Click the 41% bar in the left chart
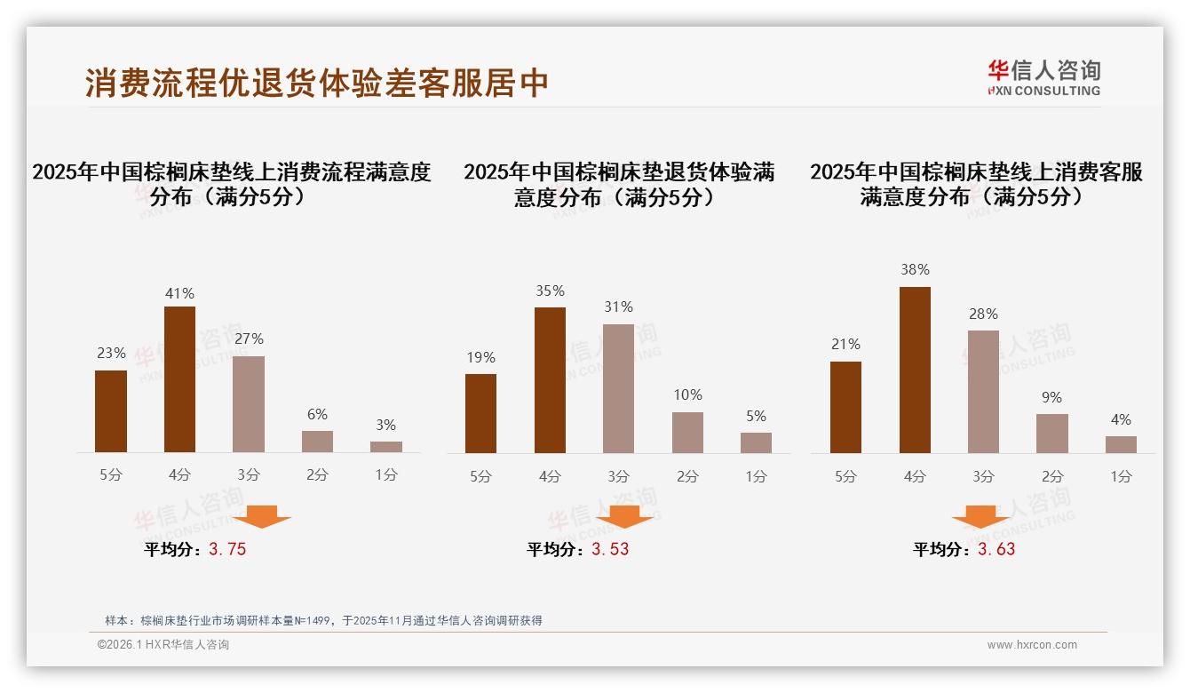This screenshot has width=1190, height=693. click(179, 379)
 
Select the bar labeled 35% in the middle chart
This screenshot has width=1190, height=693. click(550, 380)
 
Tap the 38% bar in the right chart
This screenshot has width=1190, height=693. click(915, 370)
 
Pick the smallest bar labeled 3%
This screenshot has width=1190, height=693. click(386, 447)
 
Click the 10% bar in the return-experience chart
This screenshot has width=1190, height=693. click(687, 433)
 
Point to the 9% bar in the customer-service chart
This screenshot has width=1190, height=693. click(1052, 434)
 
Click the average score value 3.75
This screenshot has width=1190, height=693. click(227, 549)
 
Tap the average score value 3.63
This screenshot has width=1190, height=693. click(996, 549)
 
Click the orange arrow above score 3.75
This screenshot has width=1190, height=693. click(261, 516)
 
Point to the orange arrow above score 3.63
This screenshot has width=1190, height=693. click(980, 516)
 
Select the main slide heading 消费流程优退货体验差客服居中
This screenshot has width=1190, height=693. click(317, 83)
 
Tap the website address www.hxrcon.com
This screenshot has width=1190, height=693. click(1032, 645)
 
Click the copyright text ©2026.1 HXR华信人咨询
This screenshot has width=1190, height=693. click(163, 645)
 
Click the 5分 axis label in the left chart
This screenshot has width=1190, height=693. click(111, 475)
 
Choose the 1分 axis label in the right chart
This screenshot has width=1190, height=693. click(1121, 477)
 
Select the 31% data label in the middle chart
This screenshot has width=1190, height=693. click(618, 307)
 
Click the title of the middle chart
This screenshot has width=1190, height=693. click(618, 184)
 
